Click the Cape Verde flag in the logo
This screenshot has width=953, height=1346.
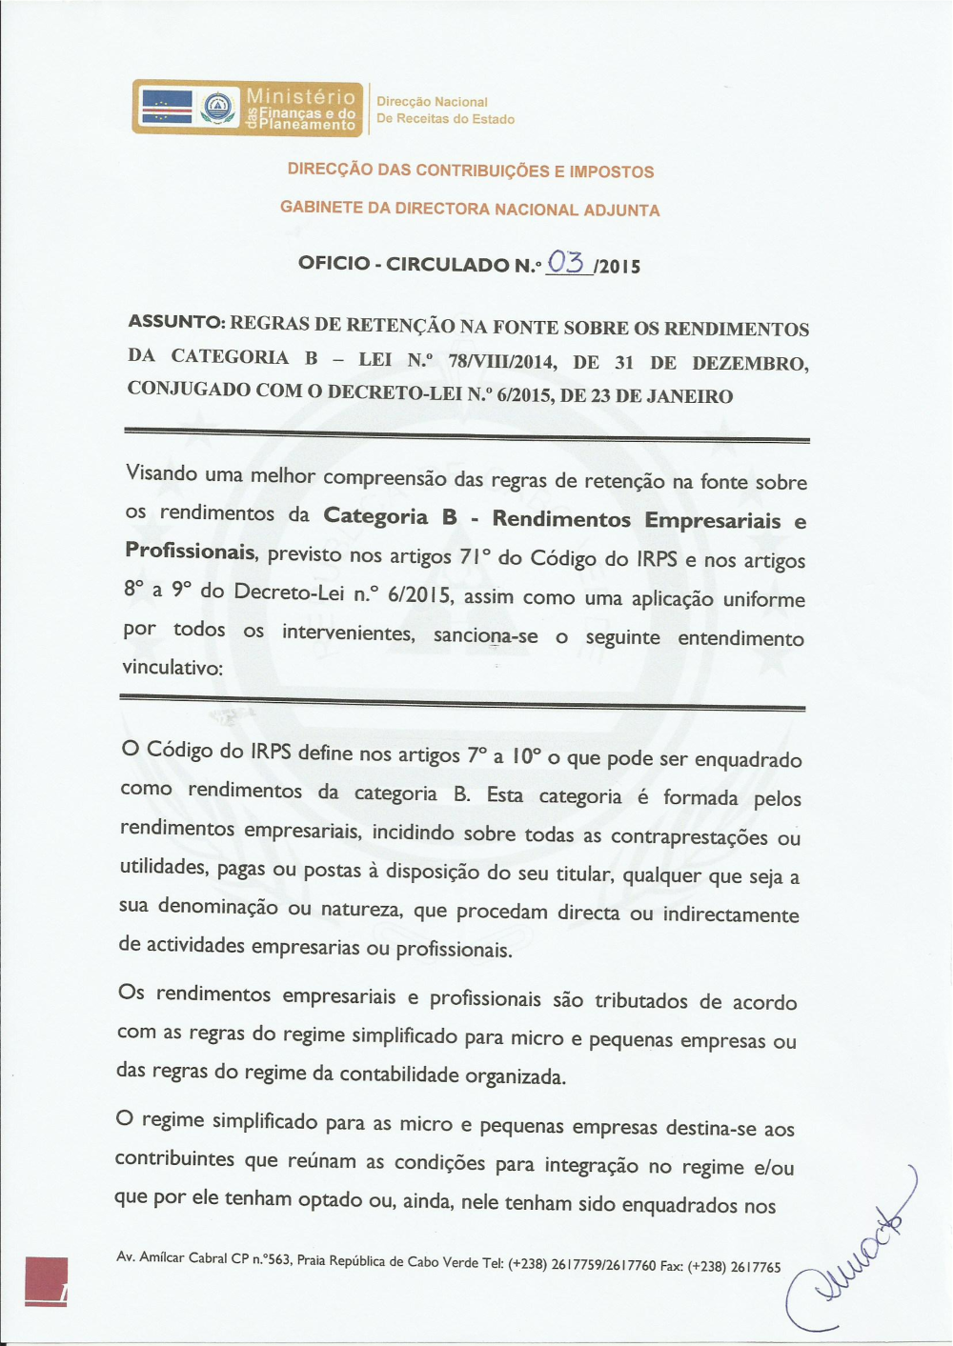coord(167,107)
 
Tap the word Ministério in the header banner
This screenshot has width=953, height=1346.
coord(300,95)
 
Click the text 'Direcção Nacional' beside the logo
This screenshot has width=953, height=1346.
coord(432,102)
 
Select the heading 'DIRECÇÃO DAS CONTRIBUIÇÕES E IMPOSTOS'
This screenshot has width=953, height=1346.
coord(471,171)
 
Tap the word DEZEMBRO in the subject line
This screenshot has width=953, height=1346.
coord(750,363)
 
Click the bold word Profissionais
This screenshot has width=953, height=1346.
coord(190,552)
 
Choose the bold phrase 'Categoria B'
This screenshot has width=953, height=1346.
coord(391,516)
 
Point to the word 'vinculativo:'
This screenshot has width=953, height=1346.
coord(172,668)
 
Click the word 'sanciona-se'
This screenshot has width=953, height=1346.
coord(486,635)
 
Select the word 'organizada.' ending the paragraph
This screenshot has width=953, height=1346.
coord(516,1076)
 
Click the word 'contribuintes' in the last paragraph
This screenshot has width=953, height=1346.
coord(174,1158)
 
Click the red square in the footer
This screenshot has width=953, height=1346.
coord(46,1280)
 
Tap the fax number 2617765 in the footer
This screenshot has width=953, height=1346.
coord(755,1267)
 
